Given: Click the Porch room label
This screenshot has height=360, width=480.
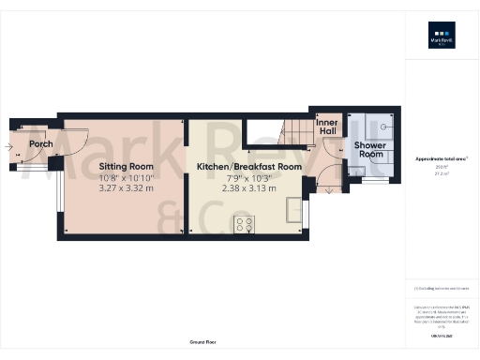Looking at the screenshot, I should (40, 144).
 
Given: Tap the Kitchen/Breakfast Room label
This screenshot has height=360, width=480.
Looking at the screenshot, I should (248, 166).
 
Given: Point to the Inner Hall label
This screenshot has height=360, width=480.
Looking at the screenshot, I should (327, 126).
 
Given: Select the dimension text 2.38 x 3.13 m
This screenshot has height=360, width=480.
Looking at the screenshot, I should (248, 188).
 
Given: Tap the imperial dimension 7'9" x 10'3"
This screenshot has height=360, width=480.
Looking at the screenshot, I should (248, 177).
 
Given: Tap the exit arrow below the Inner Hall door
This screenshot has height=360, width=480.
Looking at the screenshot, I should (328, 189).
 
